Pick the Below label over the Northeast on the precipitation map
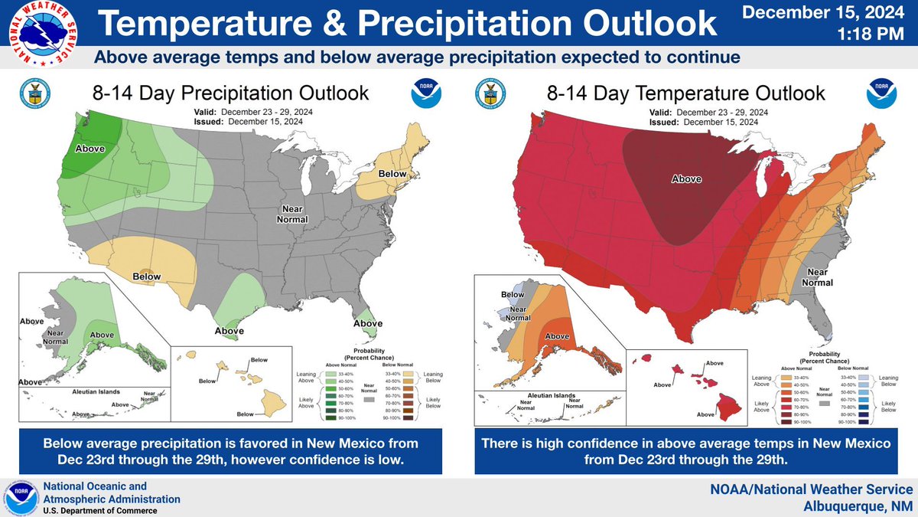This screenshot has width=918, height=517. (392, 174)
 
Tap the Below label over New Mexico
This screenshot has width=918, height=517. (146, 275)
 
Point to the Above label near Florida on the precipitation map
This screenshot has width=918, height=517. (368, 323)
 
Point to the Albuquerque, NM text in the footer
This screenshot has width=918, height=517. (861, 506)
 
